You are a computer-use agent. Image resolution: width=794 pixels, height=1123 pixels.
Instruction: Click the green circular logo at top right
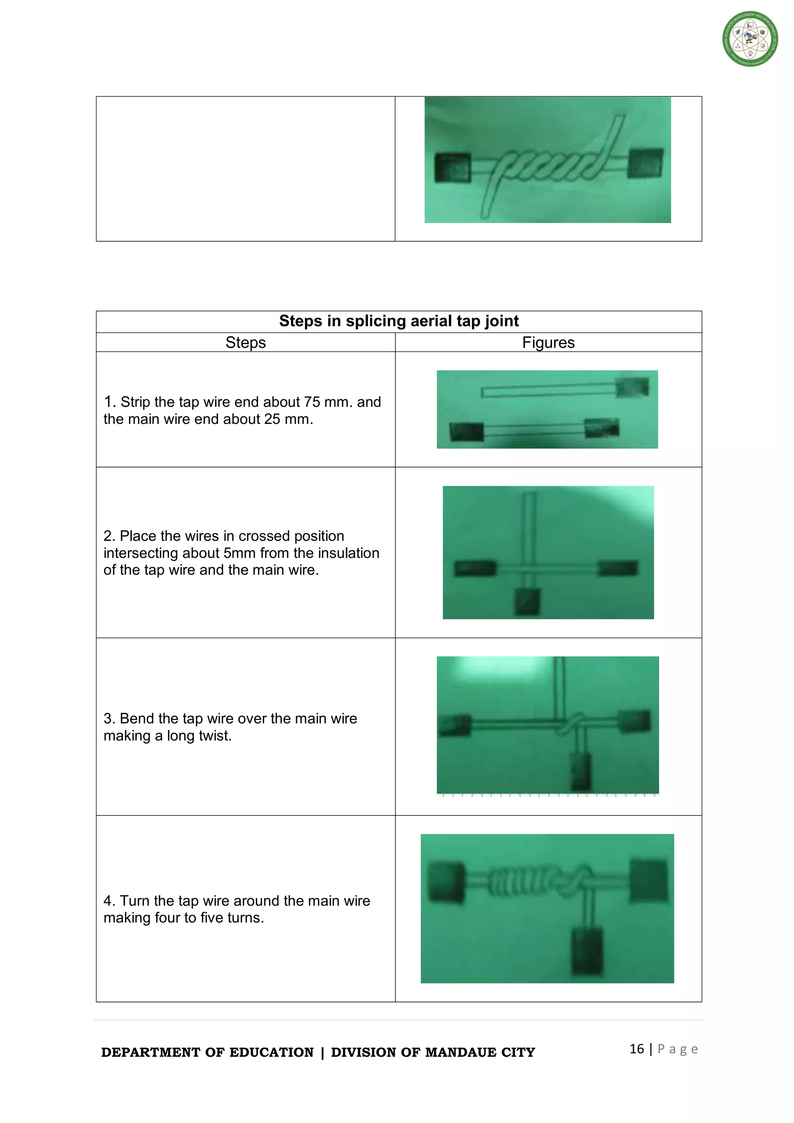(x=750, y=39)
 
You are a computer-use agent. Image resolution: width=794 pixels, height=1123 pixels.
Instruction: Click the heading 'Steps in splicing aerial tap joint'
(x=399, y=321)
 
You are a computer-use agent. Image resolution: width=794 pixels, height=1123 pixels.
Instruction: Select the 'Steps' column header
(x=245, y=343)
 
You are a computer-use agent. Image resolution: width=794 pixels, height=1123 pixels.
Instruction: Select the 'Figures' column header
(x=548, y=343)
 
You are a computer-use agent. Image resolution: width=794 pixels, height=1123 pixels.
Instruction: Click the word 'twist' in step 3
(x=214, y=735)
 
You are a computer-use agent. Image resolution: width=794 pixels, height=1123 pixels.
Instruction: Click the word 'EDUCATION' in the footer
(x=271, y=1052)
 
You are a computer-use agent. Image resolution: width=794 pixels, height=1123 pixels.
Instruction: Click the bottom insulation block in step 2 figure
(x=527, y=601)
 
